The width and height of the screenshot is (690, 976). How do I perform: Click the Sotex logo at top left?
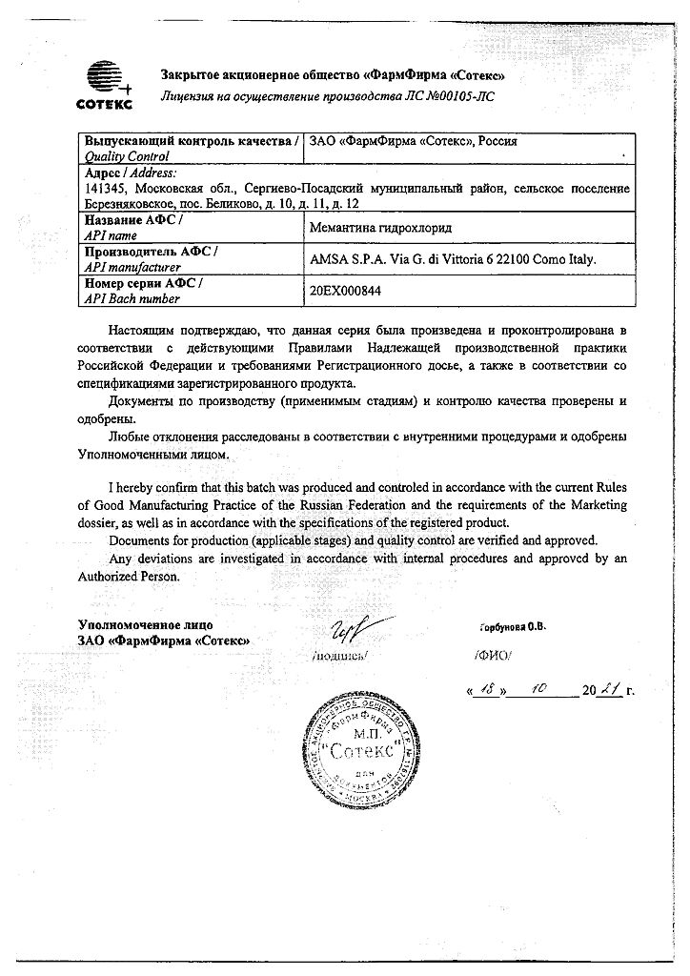104,82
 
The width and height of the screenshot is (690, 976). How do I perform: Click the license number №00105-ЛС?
446,95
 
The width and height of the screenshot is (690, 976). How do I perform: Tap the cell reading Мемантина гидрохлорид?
381,228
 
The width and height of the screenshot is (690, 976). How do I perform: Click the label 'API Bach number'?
132,298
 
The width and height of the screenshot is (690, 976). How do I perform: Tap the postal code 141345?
106,189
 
